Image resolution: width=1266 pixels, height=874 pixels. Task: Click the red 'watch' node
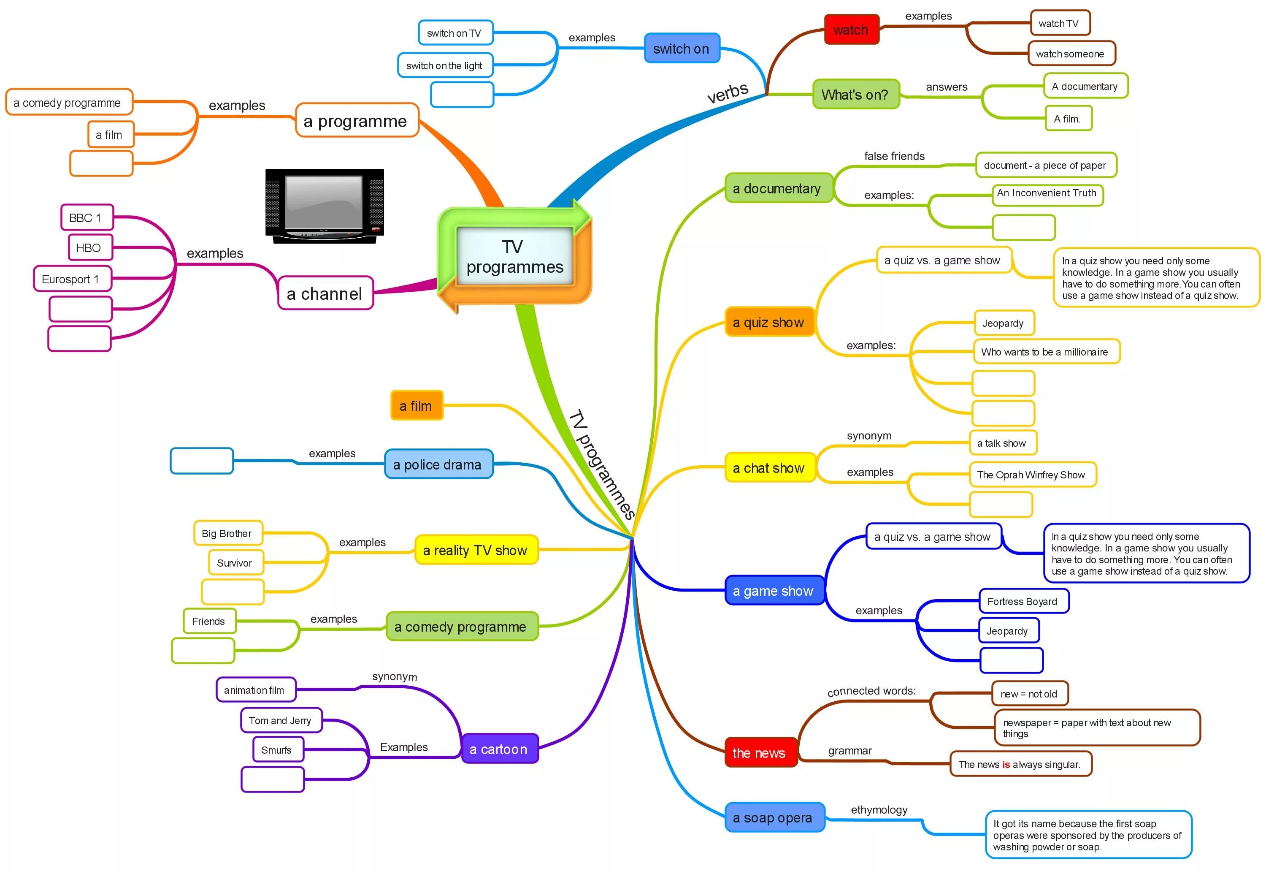(x=851, y=30)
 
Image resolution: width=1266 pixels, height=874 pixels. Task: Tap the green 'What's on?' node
(x=855, y=94)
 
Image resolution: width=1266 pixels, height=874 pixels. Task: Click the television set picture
(x=325, y=205)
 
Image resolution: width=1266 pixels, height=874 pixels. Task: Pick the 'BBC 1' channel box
(x=87, y=217)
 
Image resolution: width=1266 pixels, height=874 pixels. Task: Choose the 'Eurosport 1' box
(x=72, y=279)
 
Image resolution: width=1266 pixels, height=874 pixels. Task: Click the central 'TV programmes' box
(x=514, y=256)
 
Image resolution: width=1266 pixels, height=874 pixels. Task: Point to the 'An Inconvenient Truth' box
(x=1047, y=194)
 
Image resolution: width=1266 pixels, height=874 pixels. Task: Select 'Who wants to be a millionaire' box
(x=1045, y=352)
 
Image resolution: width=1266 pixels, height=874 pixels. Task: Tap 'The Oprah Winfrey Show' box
(x=1031, y=474)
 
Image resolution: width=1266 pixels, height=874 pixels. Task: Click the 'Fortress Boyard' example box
(x=1023, y=601)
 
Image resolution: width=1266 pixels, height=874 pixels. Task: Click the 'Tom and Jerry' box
(x=280, y=720)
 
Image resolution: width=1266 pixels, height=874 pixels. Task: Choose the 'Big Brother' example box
(x=227, y=533)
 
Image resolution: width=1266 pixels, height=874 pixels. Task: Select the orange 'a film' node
(x=416, y=406)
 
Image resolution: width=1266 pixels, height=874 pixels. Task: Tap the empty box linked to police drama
(x=201, y=461)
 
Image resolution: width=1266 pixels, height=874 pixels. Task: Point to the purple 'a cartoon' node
(x=499, y=749)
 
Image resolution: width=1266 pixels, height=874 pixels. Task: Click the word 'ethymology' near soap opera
(x=879, y=809)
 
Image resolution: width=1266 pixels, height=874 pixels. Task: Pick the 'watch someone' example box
(x=1070, y=54)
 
